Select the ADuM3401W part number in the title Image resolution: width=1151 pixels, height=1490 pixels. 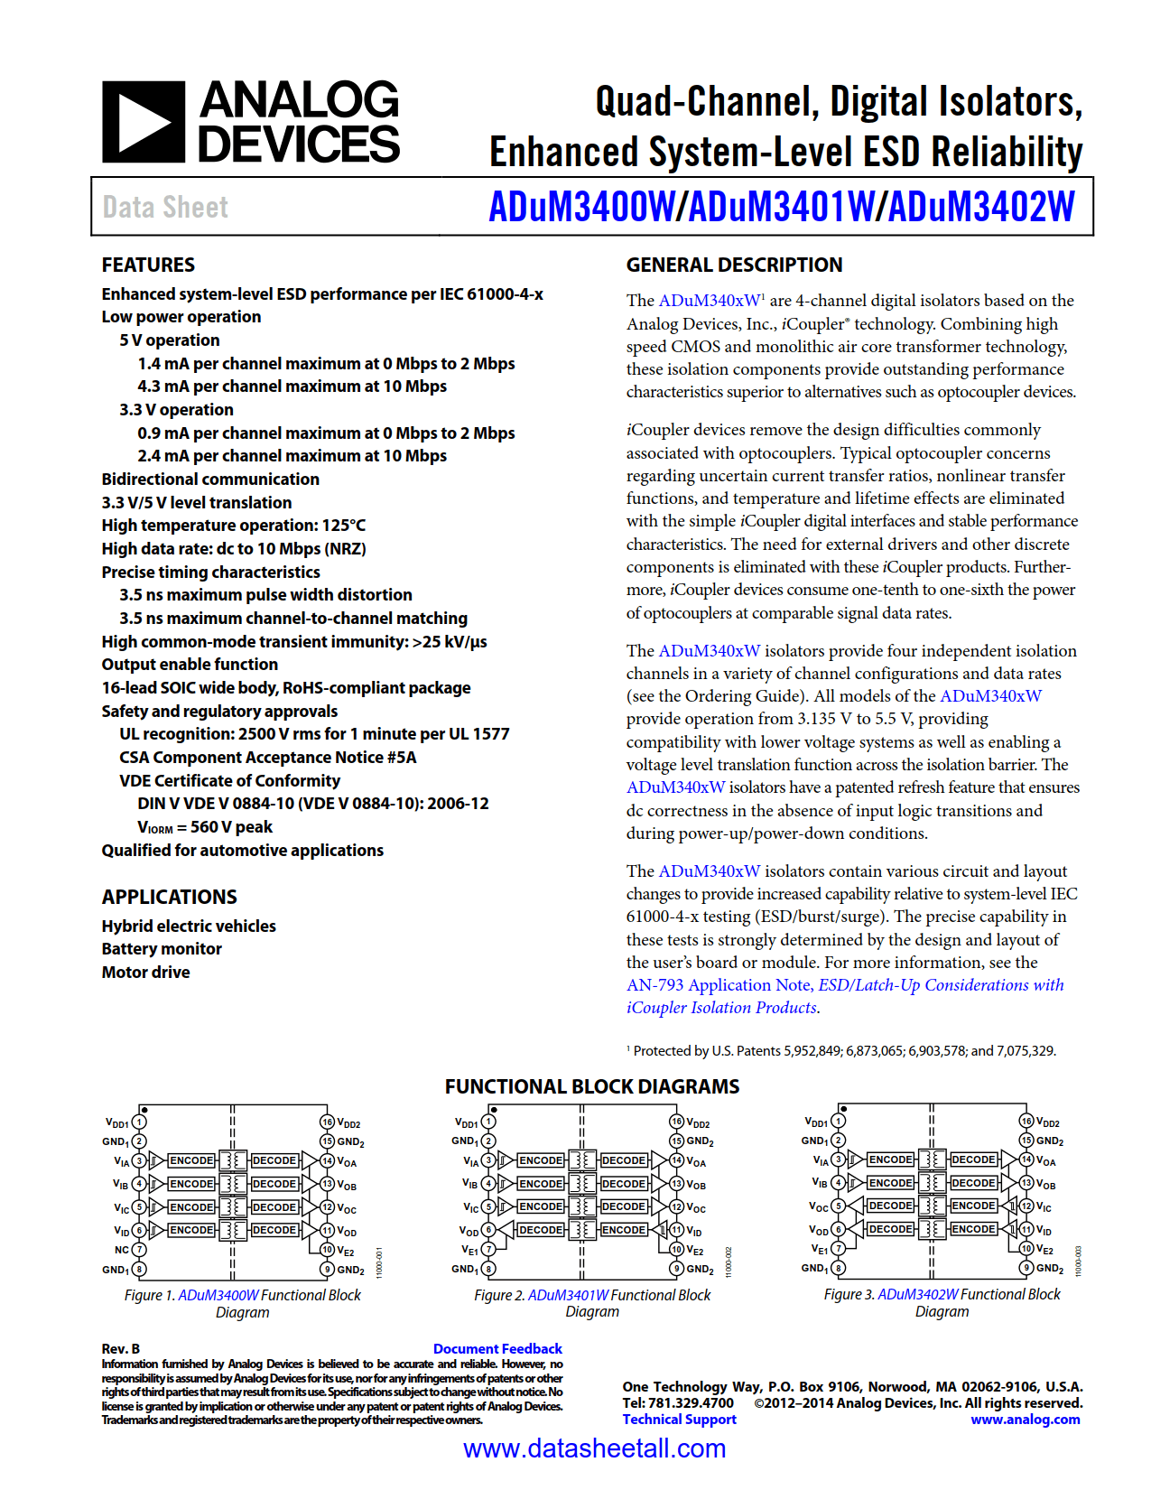click(781, 207)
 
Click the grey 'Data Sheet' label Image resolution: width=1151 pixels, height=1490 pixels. click(165, 208)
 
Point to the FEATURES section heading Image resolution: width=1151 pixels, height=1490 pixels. click(148, 265)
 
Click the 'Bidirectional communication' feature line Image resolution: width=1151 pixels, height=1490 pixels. click(210, 480)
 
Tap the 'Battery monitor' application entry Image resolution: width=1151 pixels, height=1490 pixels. click(162, 949)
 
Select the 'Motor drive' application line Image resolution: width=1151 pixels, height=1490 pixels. click(145, 973)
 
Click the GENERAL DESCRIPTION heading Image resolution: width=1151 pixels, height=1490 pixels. click(734, 265)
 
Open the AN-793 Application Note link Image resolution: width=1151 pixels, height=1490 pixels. click(844, 985)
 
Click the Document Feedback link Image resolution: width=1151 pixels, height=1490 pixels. click(497, 1348)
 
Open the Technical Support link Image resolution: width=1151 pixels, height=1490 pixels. click(679, 1420)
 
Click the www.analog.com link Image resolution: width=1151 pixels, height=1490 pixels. click(1025, 1420)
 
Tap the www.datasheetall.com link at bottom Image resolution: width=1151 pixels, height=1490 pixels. click(594, 1448)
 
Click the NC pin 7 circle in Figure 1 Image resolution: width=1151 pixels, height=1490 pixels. click(139, 1250)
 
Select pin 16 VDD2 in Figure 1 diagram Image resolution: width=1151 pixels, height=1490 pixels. click(328, 1122)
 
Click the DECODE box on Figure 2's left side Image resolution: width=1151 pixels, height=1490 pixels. click(541, 1230)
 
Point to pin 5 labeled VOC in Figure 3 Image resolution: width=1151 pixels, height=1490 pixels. click(838, 1206)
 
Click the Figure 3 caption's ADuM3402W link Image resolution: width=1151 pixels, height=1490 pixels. click(918, 1295)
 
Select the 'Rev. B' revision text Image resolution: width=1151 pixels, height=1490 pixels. click(121, 1348)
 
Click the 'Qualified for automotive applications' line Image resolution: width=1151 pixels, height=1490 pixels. click(242, 851)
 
